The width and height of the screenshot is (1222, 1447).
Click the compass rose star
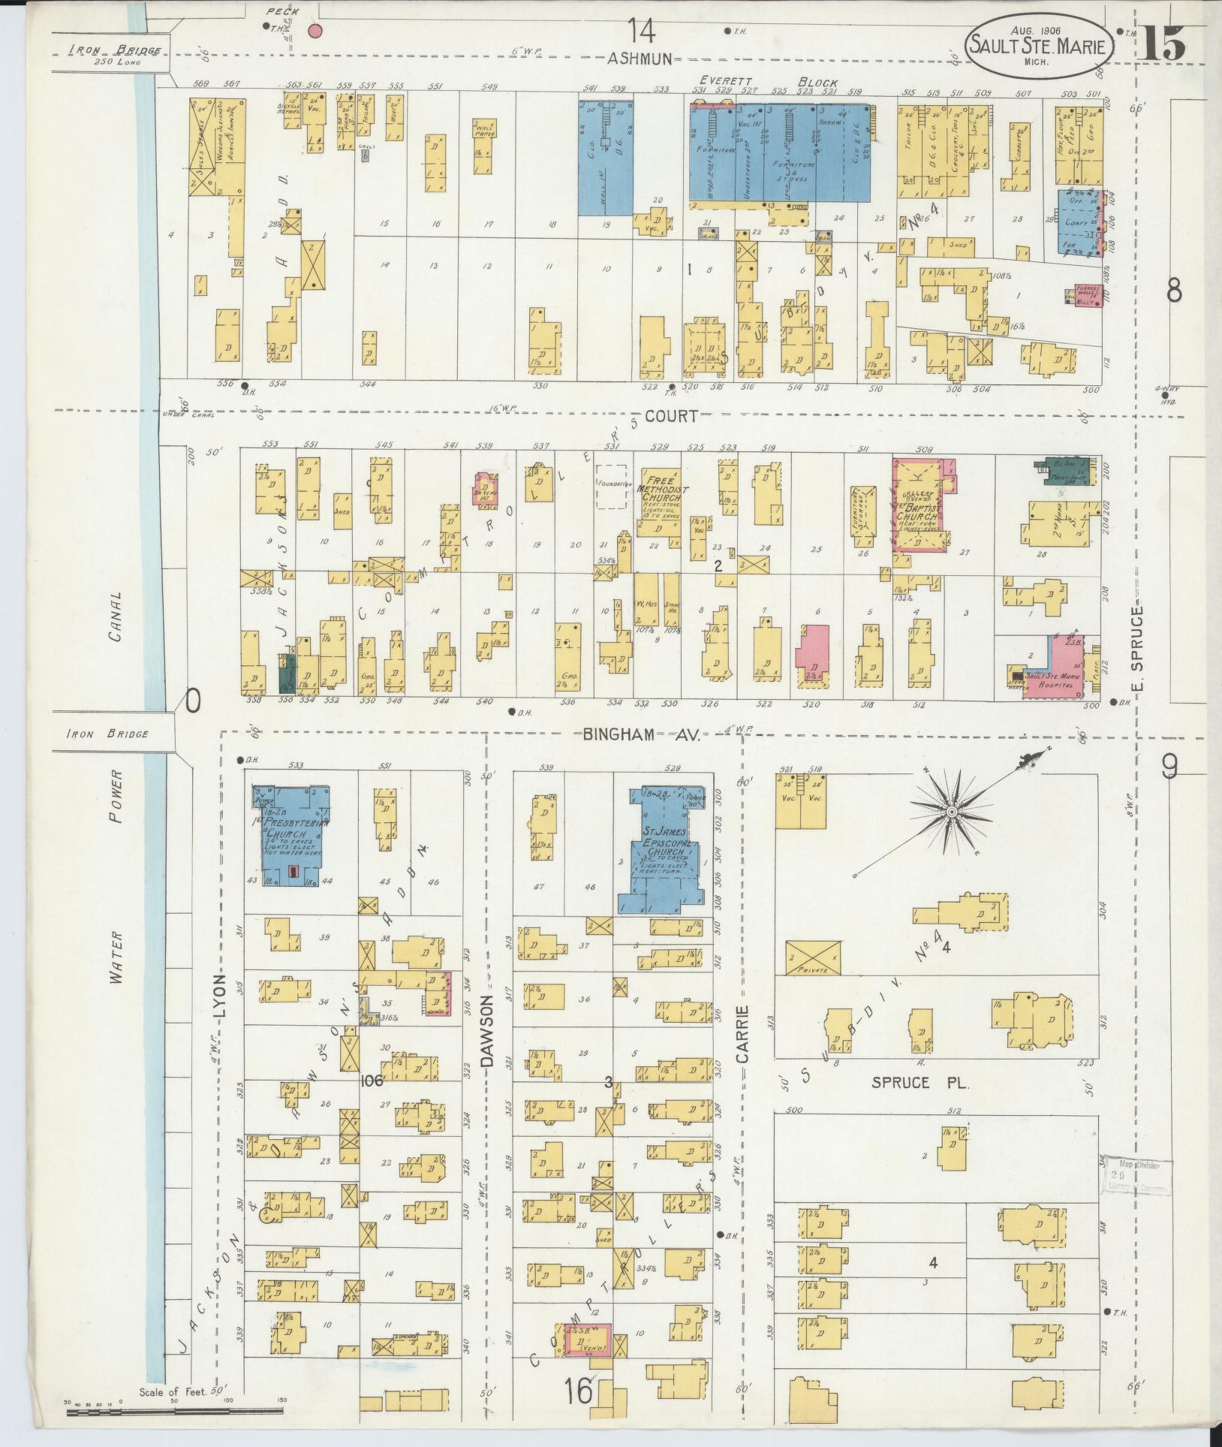pyautogui.click(x=951, y=812)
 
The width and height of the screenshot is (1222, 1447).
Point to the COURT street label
pyautogui.click(x=670, y=416)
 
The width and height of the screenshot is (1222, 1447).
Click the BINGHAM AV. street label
pyautogui.click(x=641, y=737)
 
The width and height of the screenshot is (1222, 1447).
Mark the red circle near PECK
pyautogui.click(x=315, y=31)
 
